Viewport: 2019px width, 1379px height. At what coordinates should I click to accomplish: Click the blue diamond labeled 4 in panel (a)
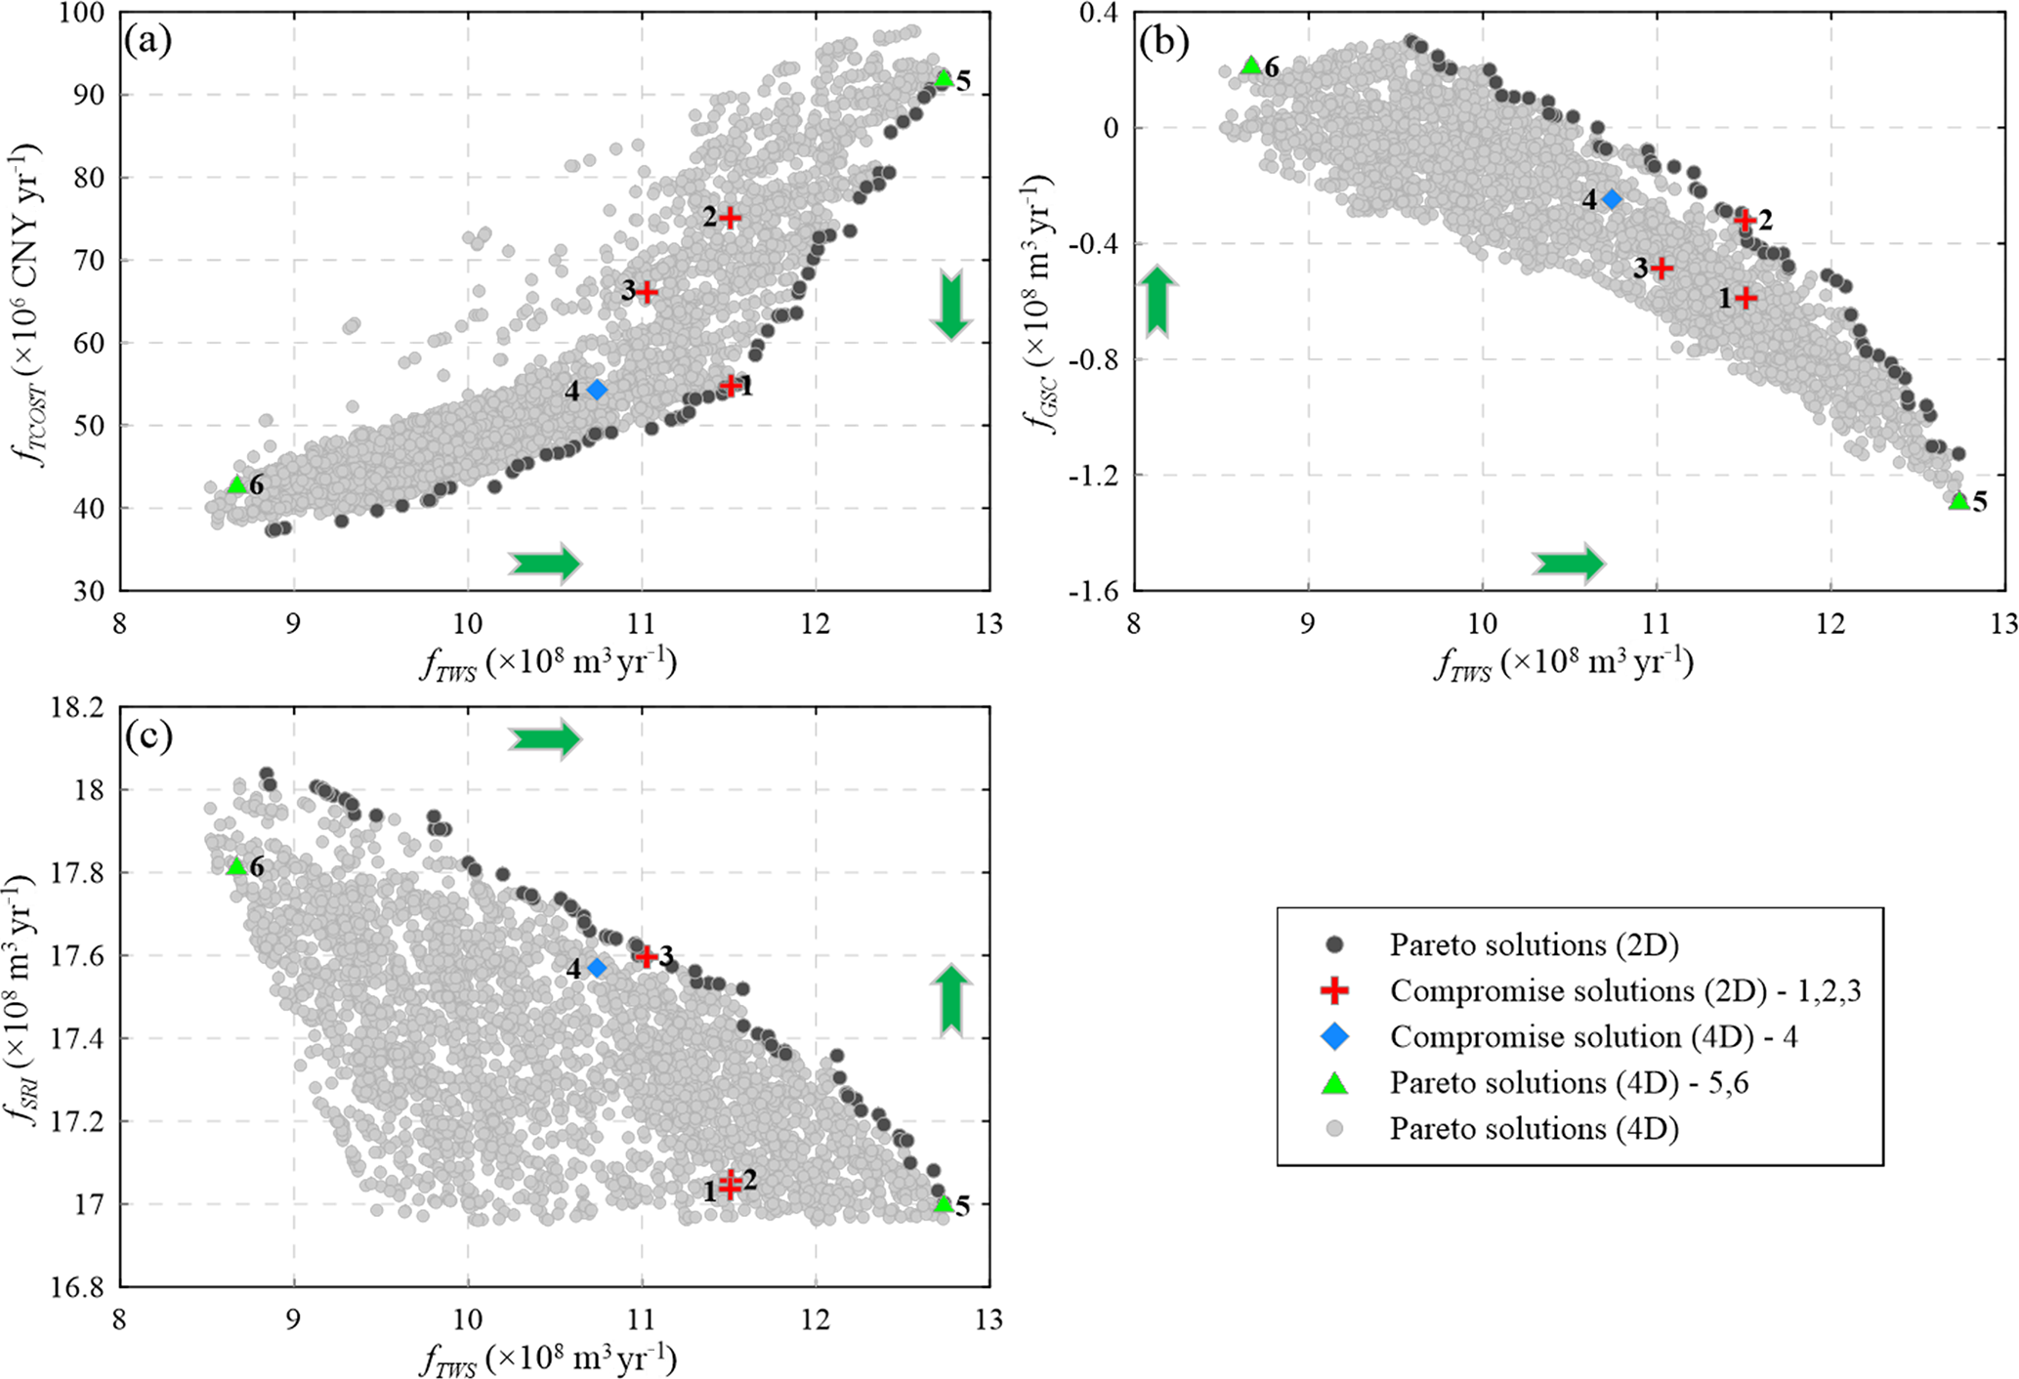click(597, 390)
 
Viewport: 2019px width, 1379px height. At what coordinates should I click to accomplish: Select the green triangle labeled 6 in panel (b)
click(1251, 65)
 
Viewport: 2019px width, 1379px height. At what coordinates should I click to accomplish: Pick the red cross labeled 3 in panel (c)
click(646, 956)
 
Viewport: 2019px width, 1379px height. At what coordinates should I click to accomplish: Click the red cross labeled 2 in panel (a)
click(729, 218)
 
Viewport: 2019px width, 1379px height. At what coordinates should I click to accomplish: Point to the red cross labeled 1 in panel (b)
click(1746, 298)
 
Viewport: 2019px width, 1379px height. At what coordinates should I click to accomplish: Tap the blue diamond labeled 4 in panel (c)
click(597, 968)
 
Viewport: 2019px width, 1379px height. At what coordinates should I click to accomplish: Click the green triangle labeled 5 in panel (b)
click(1958, 501)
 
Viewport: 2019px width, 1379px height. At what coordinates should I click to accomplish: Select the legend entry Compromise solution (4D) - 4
click(1593, 1036)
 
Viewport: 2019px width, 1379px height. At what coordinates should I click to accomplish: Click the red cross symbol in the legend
click(1334, 990)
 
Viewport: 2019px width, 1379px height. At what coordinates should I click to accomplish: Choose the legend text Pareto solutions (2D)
click(1534, 944)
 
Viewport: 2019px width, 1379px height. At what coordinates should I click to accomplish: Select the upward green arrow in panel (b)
click(1157, 301)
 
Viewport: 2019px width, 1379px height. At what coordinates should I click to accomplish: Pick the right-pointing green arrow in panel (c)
click(544, 739)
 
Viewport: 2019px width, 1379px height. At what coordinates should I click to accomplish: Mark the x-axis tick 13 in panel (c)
click(988, 1319)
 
